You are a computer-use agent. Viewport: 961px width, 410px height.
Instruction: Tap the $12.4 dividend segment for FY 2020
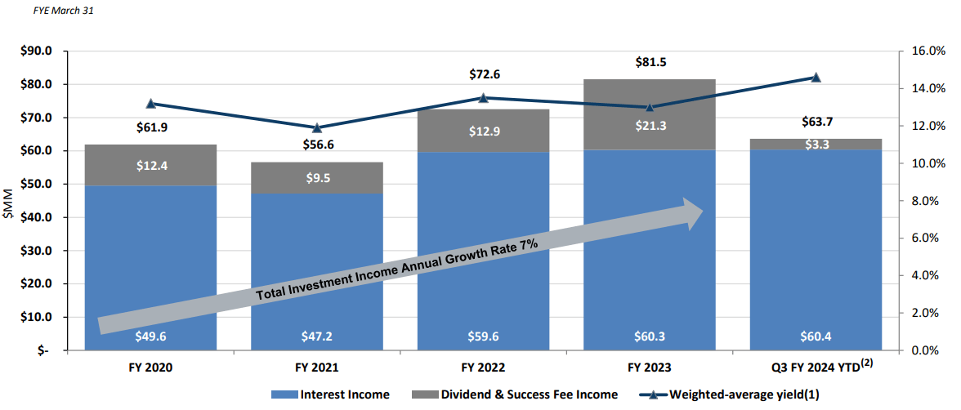tap(151, 166)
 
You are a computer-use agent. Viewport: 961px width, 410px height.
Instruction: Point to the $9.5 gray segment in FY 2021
tap(317, 178)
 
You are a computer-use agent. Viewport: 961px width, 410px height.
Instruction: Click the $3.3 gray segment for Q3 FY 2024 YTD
tap(816, 145)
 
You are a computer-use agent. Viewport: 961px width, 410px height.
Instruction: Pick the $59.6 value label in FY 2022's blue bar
tap(483, 335)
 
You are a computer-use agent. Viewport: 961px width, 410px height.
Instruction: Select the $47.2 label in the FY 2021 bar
tap(317, 335)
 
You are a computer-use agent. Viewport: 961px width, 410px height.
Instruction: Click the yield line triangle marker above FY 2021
tap(317, 127)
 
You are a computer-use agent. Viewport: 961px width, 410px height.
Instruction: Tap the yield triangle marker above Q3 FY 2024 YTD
tap(816, 77)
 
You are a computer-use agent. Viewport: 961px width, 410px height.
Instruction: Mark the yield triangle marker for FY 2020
tap(151, 104)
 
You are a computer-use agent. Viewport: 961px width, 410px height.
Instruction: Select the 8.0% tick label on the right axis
tap(927, 201)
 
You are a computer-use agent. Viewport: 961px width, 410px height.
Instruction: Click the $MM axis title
tap(9, 201)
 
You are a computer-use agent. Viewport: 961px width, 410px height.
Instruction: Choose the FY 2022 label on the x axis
tap(483, 368)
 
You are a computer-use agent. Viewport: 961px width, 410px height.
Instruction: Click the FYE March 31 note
tap(51, 11)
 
